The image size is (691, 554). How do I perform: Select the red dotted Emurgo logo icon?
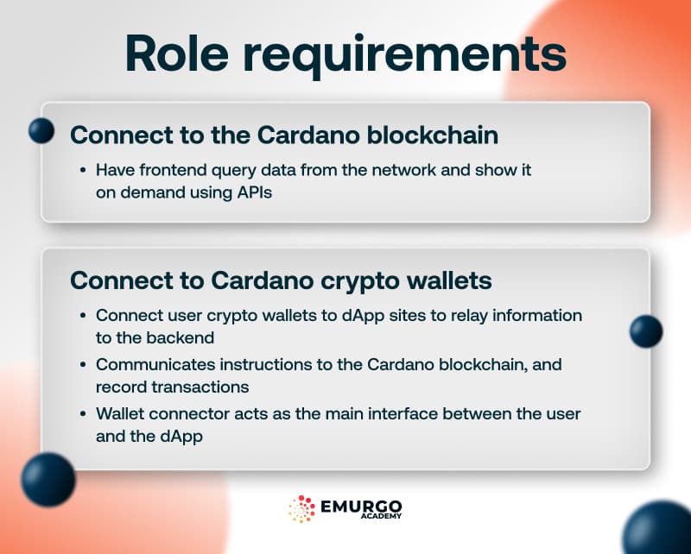[302, 509]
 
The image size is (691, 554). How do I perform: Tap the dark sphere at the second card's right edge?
[645, 331]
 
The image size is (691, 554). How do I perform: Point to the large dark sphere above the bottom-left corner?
[48, 480]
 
